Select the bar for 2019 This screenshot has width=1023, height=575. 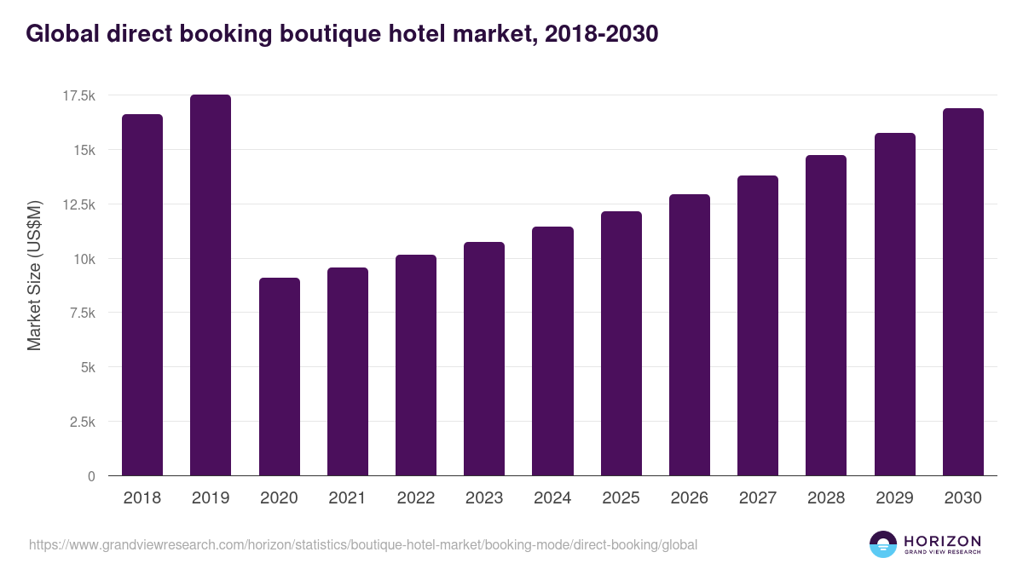pyautogui.click(x=211, y=285)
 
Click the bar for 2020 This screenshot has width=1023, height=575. pyautogui.click(x=279, y=377)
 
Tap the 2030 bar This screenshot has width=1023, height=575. pyautogui.click(x=962, y=291)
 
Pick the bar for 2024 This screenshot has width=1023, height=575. pyautogui.click(x=552, y=351)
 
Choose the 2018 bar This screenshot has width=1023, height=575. pyautogui.click(x=142, y=295)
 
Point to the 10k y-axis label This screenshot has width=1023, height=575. pyautogui.click(x=83, y=259)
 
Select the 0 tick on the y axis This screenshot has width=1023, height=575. pyautogui.click(x=91, y=477)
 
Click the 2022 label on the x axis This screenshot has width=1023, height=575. pyautogui.click(x=416, y=498)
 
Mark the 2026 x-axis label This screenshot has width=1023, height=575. pyautogui.click(x=690, y=498)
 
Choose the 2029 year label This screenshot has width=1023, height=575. pyautogui.click(x=894, y=498)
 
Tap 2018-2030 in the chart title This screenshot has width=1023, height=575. pyautogui.click(x=597, y=34)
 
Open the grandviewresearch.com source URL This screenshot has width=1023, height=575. pyautogui.click(x=363, y=544)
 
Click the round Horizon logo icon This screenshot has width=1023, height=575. pyautogui.click(x=883, y=544)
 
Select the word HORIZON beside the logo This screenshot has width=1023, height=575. pyautogui.click(x=942, y=541)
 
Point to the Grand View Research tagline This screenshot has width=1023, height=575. pyautogui.click(x=942, y=552)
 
